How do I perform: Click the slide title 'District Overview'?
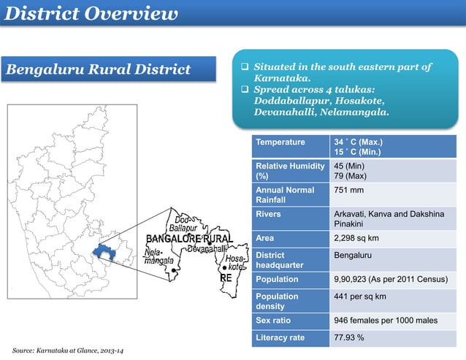96,14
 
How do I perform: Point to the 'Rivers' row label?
268,214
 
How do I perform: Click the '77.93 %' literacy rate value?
349,338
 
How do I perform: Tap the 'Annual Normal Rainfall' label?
285,194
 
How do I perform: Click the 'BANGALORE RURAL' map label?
189,239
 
